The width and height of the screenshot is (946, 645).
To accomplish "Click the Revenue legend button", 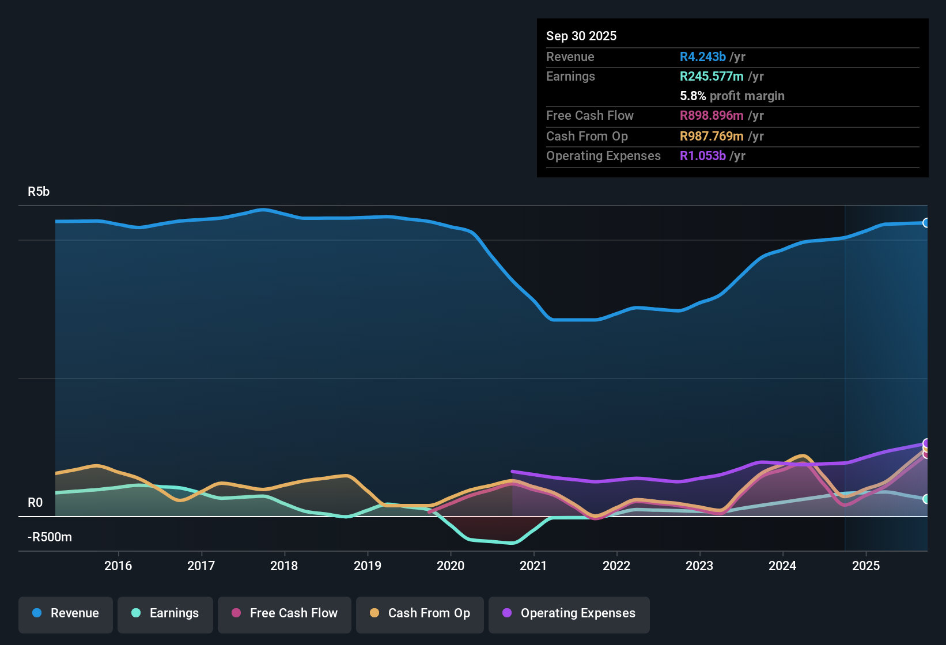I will pos(66,613).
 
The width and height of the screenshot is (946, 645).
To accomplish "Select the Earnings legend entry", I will pos(165,613).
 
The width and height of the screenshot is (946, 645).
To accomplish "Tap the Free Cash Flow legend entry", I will pos(284,613).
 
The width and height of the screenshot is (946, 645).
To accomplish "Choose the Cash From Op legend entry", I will pos(419,613).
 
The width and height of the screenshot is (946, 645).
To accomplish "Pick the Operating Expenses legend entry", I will pos(569,613).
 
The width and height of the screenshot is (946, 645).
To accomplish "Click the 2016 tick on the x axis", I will pos(118,566).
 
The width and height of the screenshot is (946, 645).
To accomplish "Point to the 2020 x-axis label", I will pos(451,566).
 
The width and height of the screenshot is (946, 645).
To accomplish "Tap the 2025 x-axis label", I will pos(865,566).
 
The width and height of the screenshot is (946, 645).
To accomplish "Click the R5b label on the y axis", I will pos(39,192).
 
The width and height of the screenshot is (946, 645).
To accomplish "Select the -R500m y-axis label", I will pos(50,537).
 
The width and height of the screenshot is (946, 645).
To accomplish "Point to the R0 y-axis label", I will pos(35,503).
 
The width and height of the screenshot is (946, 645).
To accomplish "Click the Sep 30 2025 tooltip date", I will pos(581,36).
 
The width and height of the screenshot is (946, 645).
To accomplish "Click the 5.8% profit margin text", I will pos(732,96).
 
